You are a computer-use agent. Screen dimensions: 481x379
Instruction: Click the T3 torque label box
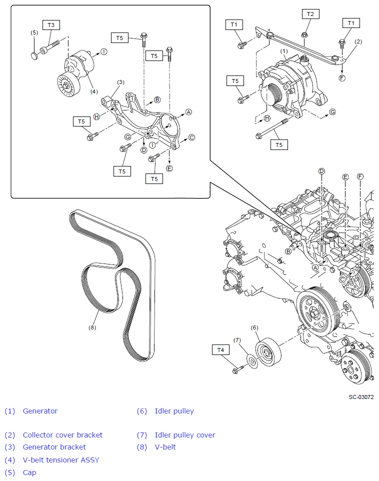pos(51,24)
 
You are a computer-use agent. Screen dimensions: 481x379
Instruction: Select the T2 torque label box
pos(310,14)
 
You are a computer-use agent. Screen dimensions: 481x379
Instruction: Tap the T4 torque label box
pos(220,350)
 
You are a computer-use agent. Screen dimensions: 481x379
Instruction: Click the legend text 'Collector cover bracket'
pos(62,435)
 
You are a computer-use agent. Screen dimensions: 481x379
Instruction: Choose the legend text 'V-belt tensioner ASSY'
pos(61,460)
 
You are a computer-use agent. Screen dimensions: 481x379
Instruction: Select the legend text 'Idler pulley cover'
pos(185,435)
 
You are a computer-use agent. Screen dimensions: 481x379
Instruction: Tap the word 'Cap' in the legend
pos(29,472)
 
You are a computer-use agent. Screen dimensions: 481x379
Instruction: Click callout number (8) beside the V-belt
pos(92,328)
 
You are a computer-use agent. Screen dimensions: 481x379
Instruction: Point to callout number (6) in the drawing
pos(254,327)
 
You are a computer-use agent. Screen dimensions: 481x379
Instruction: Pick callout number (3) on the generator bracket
pos(120,82)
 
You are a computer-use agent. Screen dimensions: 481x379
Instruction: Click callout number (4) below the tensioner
pos(94,91)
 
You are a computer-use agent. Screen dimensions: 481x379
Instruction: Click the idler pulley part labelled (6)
pos(268,352)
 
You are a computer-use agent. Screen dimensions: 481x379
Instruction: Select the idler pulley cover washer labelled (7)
pos(253,361)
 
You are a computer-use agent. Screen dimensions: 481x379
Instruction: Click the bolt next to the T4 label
pos(237,370)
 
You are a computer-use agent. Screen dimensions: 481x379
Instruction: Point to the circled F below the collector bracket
pos(341,78)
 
